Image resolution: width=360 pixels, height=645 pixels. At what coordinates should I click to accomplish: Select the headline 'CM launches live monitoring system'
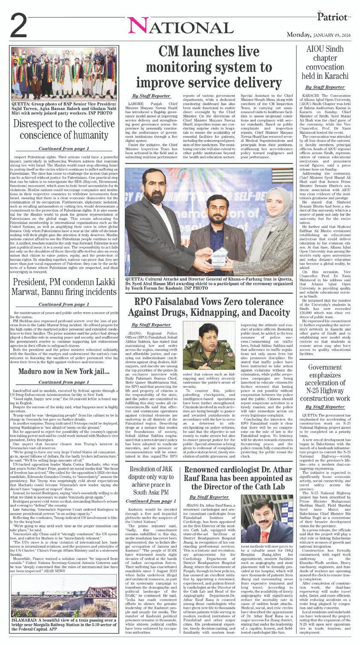coord(209,67)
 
